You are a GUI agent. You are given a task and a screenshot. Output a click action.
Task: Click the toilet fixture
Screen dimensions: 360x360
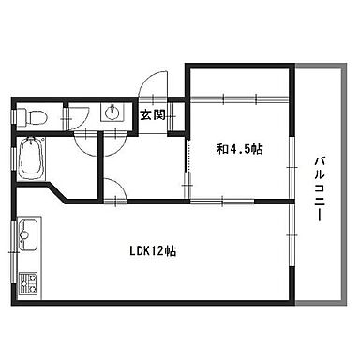coord(32,117)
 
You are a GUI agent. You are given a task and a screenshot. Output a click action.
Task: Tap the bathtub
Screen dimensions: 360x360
coord(32,158)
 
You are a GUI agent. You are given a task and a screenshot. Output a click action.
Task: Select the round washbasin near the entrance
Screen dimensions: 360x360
coord(112,112)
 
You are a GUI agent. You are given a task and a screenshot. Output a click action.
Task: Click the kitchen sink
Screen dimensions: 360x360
coord(28,234)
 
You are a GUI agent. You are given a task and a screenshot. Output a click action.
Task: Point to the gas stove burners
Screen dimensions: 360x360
coord(28,283)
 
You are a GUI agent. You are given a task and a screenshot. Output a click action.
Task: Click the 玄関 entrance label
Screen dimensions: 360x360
coord(153,115)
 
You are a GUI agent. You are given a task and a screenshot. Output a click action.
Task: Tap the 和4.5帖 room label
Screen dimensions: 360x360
coord(239,149)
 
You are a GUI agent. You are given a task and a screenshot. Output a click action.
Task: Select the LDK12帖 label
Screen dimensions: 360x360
coord(153,250)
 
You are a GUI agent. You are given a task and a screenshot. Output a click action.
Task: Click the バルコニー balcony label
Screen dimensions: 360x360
coord(319,189)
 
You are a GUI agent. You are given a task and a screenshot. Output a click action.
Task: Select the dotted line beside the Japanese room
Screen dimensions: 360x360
coord(188,156)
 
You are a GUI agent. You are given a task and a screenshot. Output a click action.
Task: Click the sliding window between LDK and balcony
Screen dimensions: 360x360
coord(292,235)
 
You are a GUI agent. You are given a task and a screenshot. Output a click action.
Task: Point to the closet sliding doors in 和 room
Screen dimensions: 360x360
coord(239,98)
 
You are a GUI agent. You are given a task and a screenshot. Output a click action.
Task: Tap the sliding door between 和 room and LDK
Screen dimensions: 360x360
coord(222,202)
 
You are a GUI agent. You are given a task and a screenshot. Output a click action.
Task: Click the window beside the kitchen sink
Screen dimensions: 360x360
coord(13,252)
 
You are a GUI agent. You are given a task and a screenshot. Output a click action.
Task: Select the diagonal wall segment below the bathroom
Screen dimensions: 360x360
coord(57,193)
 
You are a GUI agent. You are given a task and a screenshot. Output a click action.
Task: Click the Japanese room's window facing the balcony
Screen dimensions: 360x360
coord(292,168)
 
